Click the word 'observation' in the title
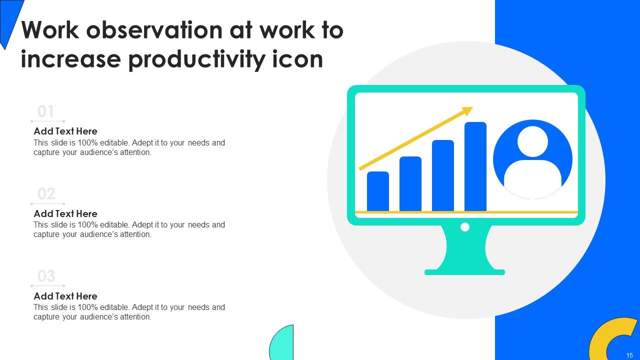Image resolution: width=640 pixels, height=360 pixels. pyautogui.click(x=155, y=30)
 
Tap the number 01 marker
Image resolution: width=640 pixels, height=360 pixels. pyautogui.click(x=46, y=111)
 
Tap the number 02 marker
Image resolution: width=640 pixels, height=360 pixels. pyautogui.click(x=46, y=194)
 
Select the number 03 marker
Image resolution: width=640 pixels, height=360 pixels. pyautogui.click(x=46, y=276)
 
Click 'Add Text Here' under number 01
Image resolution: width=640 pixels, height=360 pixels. pyautogui.click(x=65, y=131)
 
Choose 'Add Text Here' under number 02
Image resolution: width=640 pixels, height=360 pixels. pyautogui.click(x=65, y=214)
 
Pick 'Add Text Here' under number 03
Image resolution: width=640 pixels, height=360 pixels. pyautogui.click(x=65, y=296)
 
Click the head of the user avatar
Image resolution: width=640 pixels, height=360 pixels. pyautogui.click(x=532, y=141)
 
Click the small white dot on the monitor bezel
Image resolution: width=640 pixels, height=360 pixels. pyautogui.click(x=464, y=227)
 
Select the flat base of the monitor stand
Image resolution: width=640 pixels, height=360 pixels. pyautogui.click(x=464, y=272)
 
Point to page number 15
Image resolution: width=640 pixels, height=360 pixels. pyautogui.click(x=629, y=355)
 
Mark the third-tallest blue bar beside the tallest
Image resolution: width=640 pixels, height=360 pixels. pyautogui.click(x=442, y=175)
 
